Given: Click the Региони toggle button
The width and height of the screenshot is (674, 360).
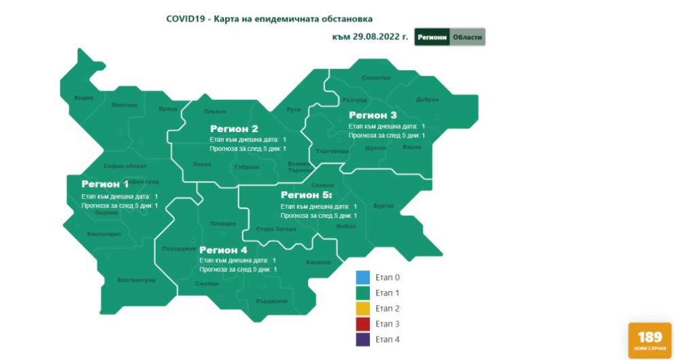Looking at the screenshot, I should (432, 37).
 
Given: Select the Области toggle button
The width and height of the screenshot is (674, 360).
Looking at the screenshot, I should (468, 37).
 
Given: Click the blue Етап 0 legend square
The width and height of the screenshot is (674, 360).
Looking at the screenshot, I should (363, 278).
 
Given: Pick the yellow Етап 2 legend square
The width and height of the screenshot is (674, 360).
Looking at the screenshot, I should (363, 308).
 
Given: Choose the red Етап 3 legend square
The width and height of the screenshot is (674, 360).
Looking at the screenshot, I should (363, 324).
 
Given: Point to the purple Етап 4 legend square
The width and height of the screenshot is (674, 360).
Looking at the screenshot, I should (363, 339).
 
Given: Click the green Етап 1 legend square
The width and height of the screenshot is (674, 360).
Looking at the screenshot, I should (363, 293).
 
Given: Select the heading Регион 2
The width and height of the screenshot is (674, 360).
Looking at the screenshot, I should (234, 129).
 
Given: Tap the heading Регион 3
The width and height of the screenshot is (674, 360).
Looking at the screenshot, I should (373, 115).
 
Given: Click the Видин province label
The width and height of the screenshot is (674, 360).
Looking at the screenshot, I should (84, 98).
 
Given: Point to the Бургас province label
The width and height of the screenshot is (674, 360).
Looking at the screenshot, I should (384, 206).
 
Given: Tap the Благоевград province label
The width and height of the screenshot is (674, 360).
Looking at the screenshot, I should (136, 280).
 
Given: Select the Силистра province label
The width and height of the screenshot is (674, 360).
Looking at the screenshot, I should (376, 78).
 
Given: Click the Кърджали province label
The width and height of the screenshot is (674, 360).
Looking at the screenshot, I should (271, 301).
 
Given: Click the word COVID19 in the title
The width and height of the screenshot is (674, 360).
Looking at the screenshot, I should (186, 18).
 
